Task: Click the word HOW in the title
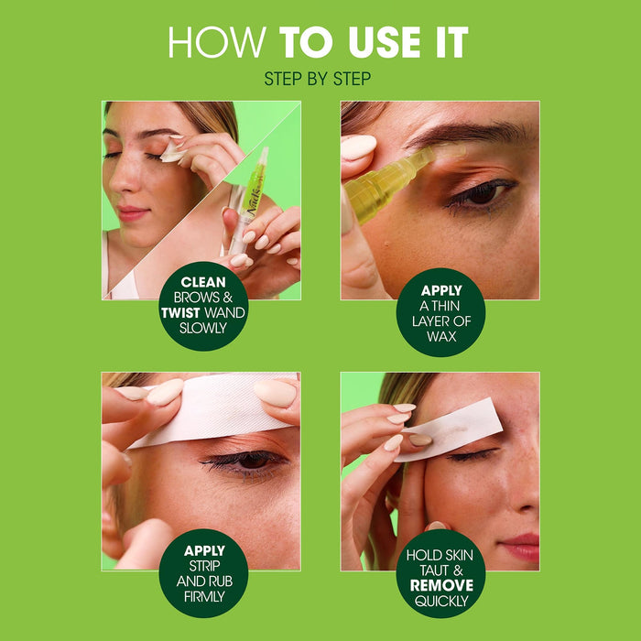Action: (x=218, y=43)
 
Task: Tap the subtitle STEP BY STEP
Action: (x=317, y=80)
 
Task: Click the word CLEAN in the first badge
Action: (x=203, y=283)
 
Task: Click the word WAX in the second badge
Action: (x=440, y=338)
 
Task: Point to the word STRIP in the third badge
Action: (x=203, y=567)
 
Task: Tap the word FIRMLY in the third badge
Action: (x=203, y=597)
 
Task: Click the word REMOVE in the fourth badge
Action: (x=440, y=584)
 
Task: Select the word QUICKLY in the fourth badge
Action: (x=440, y=600)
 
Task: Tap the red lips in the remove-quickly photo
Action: (x=520, y=547)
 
